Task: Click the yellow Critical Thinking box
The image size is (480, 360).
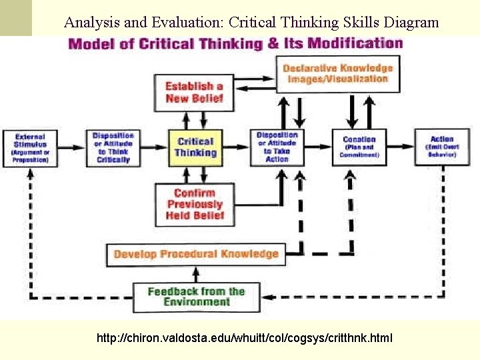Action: (x=195, y=147)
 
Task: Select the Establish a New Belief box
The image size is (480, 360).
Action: (x=194, y=92)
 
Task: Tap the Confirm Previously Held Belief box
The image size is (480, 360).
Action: (x=195, y=204)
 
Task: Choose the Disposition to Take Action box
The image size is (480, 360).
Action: (x=277, y=147)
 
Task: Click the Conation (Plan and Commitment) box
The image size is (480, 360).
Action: (x=359, y=147)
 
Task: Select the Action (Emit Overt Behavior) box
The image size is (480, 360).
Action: (x=441, y=147)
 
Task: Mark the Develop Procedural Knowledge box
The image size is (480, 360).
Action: (x=196, y=254)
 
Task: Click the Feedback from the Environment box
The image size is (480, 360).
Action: (x=196, y=297)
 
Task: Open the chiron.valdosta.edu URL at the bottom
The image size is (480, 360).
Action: (x=245, y=339)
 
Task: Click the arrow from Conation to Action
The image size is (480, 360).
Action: (x=401, y=147)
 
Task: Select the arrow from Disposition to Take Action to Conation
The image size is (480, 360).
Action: (x=318, y=147)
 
